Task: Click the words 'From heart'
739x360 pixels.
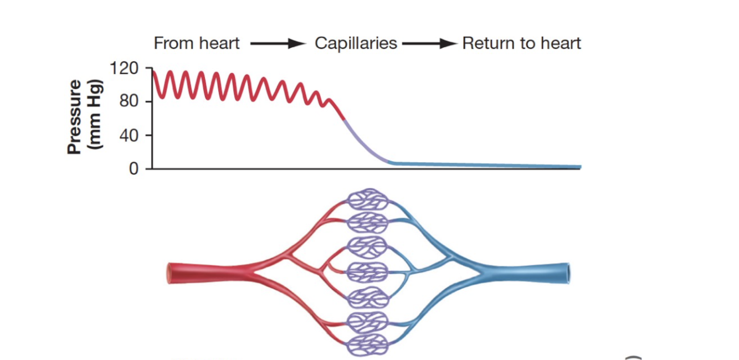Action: [x=197, y=43]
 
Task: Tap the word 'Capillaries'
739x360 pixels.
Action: [x=356, y=43]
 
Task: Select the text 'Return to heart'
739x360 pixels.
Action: [x=522, y=43]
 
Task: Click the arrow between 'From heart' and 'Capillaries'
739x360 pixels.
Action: [x=278, y=44]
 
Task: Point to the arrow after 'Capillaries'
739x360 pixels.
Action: [x=429, y=44]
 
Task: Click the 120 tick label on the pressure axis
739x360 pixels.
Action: [x=124, y=69]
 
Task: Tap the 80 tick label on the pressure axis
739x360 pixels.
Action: [x=128, y=102]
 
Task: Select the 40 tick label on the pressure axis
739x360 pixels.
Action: [x=128, y=135]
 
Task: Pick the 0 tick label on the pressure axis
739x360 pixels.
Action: [x=134, y=168]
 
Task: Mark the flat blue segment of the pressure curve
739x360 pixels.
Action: [x=487, y=165]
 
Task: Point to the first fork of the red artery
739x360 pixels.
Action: [x=250, y=271]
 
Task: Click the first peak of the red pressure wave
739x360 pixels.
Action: [x=169, y=72]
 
